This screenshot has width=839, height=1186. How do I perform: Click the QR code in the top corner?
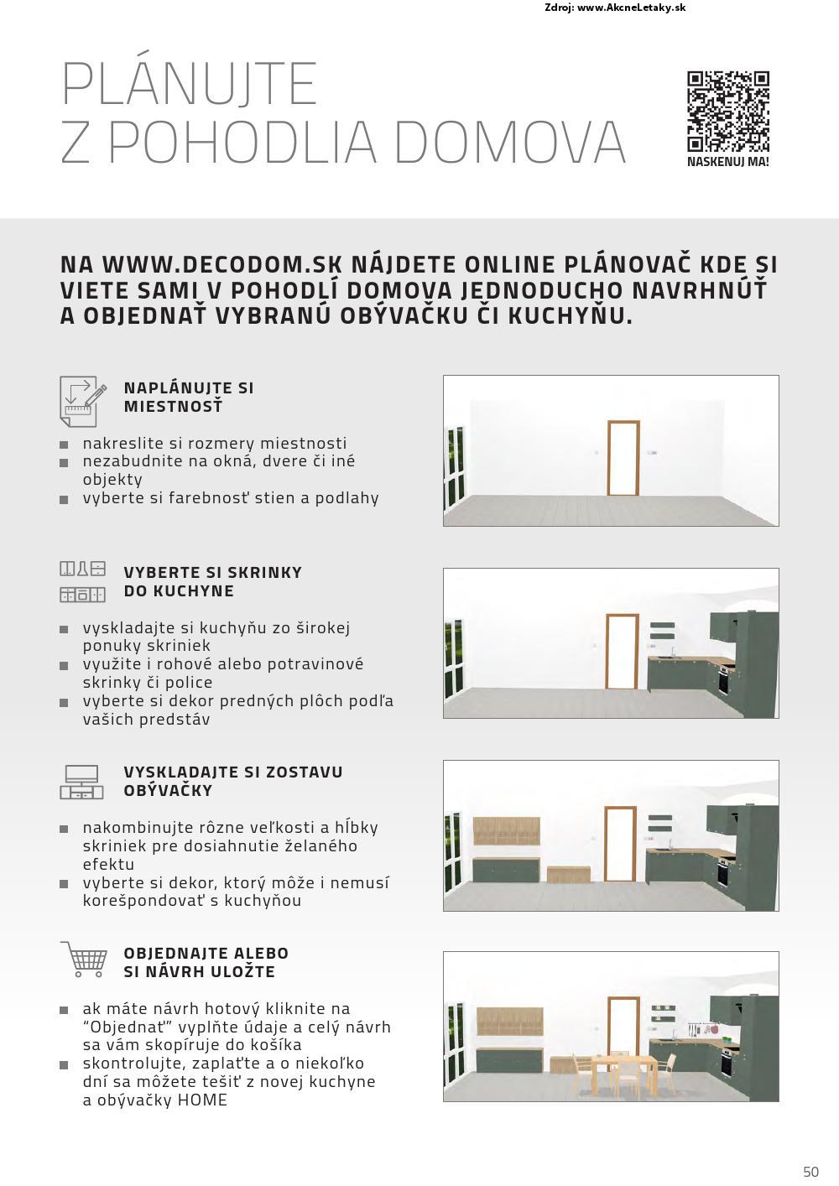[727, 112]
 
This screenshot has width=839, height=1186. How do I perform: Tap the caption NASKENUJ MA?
[727, 162]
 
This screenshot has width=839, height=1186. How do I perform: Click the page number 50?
[810, 1172]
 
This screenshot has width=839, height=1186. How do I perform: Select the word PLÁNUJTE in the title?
[190, 84]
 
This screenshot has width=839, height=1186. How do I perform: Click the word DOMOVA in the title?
[509, 142]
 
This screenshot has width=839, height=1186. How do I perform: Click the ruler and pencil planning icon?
[83, 400]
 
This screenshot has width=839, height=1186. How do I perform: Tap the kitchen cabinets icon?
[83, 582]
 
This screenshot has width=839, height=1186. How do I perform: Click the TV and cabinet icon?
[81, 782]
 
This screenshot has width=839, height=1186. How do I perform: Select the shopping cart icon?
[84, 959]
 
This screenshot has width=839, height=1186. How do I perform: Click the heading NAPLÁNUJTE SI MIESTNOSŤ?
[189, 397]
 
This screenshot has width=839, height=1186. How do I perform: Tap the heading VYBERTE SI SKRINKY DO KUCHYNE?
[212, 581]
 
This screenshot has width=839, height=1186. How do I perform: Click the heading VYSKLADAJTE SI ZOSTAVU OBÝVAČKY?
[232, 781]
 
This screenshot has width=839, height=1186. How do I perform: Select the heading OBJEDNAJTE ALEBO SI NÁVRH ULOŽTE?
[206, 962]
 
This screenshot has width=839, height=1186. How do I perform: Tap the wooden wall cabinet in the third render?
[507, 831]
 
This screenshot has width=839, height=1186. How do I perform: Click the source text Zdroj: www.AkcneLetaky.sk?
[615, 8]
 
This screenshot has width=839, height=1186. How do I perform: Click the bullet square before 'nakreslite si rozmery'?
[64, 445]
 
